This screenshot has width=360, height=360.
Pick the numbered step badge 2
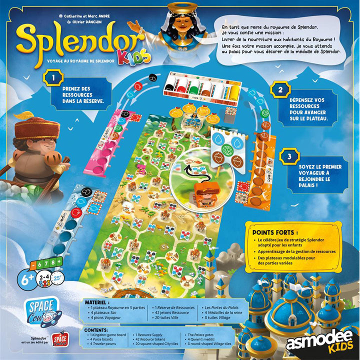point(281,90)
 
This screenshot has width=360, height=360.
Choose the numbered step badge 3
point(281,156)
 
